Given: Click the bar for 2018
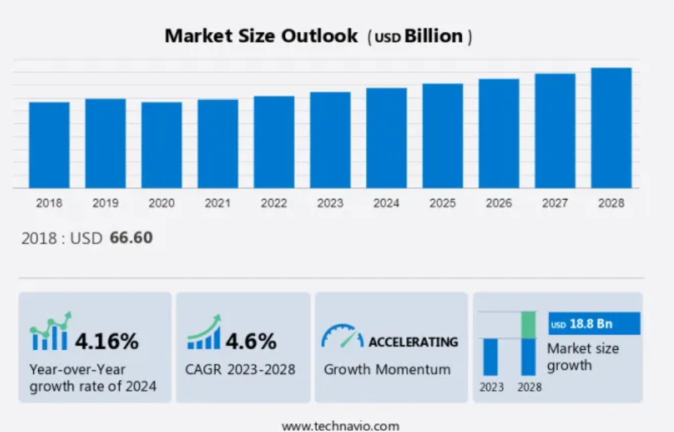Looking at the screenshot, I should [49, 144].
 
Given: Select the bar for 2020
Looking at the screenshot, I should [161, 144].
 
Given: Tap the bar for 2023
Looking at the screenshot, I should [330, 139].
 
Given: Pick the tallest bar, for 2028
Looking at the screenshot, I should [611, 128].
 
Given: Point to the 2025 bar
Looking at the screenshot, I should [442, 136].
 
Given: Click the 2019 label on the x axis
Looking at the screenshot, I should [105, 203].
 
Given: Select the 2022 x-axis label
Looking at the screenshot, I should [274, 203].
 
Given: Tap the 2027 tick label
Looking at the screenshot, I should [554, 203].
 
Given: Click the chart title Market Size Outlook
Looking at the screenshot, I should [261, 36].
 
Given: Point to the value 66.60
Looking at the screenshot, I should [131, 238].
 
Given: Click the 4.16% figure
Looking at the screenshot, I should [106, 341].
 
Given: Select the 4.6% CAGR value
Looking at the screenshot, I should [251, 341].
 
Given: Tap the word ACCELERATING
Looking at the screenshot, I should [413, 342].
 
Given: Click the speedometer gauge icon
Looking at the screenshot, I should [342, 336].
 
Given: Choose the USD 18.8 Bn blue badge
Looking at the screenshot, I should [594, 323].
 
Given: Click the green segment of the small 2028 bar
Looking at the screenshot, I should [528, 325].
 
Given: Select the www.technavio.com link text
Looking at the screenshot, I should [340, 425].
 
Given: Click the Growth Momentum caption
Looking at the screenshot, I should [387, 369].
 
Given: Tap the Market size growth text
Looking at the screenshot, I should [582, 356].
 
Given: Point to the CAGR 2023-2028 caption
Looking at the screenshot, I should [241, 369].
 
